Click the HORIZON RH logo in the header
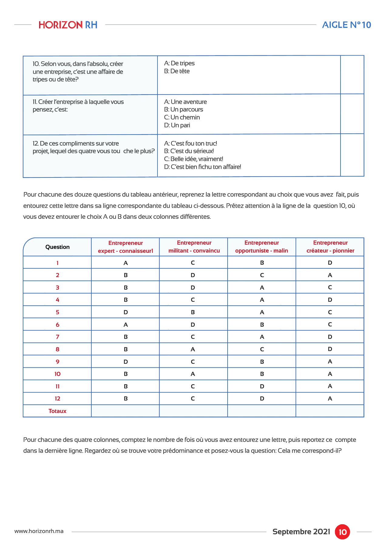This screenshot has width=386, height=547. pos(68,25)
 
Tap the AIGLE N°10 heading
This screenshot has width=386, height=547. pos(347,25)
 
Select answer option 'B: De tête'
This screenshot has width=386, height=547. pos(177,71)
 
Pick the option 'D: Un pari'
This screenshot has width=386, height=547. pos(177,125)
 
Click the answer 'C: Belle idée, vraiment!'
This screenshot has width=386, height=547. pos(194,159)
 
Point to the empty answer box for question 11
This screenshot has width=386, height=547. pos(352,114)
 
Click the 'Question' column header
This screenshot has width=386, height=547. pos(57,247)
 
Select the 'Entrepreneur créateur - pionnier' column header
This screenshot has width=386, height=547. pos(330,247)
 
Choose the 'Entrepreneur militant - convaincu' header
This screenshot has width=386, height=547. pos(194,247)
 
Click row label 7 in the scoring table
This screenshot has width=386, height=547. pos(57,337)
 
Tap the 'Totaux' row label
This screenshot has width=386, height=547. pos(57,411)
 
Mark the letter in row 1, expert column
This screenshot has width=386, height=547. pos(126,263)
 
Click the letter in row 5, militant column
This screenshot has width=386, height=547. pos(193,312)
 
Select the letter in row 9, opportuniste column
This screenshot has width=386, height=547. pos(262,362)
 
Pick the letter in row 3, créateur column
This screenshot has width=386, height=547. pos(330,287)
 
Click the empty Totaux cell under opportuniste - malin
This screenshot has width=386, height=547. pos(262,411)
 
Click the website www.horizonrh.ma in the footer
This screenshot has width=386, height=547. pos(39,531)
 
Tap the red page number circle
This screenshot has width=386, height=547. pos(342,532)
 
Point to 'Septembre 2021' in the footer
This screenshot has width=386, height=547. pos(301,532)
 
